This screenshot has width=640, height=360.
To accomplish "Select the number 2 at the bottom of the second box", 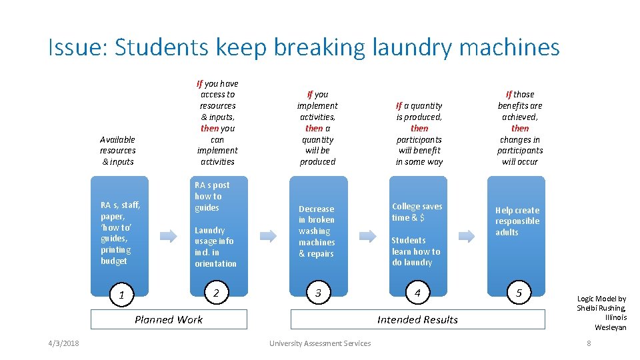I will point(215,293).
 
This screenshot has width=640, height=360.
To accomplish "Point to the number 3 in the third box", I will point(318,293).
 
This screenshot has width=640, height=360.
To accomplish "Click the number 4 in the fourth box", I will point(417,293).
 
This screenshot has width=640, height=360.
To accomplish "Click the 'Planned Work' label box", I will point(169,319).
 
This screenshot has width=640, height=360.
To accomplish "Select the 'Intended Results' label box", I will point(417,319).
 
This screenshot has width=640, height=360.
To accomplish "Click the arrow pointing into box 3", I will point(268,235).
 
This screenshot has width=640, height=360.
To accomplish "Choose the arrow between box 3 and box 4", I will point(367,235).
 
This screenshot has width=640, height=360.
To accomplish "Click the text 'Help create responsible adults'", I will point(517,221).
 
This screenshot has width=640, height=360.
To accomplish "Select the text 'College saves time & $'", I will point(417,212).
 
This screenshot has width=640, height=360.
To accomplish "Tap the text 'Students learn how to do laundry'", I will point(416,251).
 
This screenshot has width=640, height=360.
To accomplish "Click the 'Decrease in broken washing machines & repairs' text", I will point(317,231).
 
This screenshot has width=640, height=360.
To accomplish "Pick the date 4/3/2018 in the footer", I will point(63,343).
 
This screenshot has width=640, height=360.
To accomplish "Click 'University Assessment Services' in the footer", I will point(320,343).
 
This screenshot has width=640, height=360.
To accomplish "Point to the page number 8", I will point(589,343).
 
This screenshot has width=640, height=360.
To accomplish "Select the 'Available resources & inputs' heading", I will point(117,151).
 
